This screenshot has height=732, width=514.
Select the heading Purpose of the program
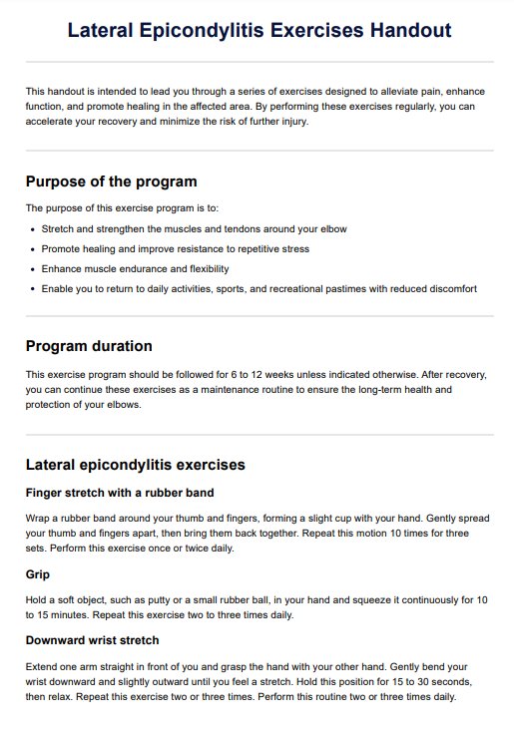[111, 182]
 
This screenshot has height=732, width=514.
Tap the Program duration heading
[89, 346]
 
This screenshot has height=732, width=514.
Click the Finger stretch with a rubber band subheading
[120, 492]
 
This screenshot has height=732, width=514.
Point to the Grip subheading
[39, 574]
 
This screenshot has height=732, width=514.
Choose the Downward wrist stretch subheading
[92, 639]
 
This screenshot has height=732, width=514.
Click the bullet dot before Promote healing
[33, 248]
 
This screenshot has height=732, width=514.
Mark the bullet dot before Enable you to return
[33, 288]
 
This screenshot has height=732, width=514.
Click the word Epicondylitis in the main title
[235, 30]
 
